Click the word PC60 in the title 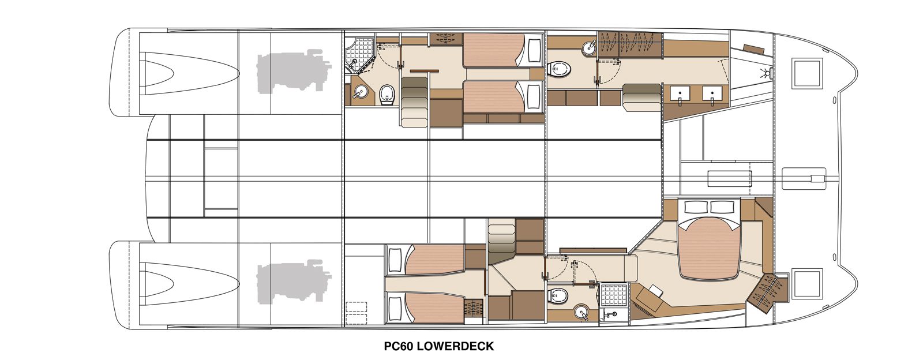point(399,346)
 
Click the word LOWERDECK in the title point(456,346)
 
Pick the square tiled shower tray point(614,295)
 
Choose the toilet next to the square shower point(559,295)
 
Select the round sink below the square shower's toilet point(582,313)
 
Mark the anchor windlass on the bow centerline point(804,178)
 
